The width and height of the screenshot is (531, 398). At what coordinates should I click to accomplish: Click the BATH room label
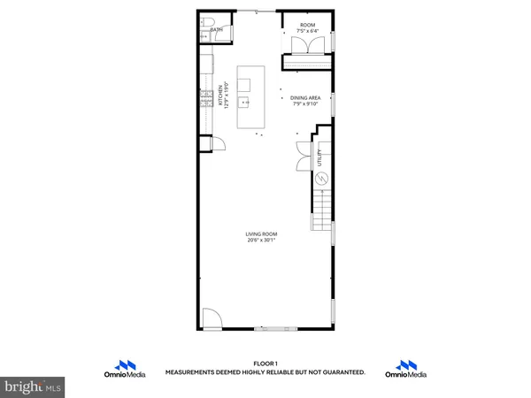pyautogui.click(x=216, y=30)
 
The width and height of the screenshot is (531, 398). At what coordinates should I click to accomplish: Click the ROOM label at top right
pyautogui.click(x=307, y=26)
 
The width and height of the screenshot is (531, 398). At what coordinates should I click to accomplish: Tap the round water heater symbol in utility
pyautogui.click(x=322, y=179)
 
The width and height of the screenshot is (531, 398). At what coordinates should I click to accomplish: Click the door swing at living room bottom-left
pyautogui.click(x=211, y=318)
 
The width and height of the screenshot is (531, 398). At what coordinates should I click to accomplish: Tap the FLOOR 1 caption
pyautogui.click(x=265, y=364)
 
